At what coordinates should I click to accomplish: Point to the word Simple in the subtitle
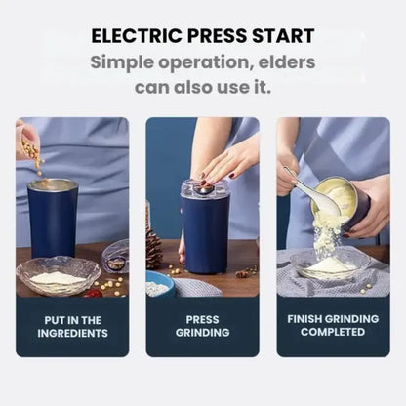128,62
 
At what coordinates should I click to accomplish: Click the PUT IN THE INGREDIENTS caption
72,326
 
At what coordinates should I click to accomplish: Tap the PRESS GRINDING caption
202,326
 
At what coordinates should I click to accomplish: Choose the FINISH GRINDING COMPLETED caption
333,326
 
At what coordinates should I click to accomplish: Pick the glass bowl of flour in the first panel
58,277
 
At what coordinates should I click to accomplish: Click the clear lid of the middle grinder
204,189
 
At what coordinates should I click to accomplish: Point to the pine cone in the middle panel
154,249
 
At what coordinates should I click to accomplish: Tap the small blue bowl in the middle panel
160,285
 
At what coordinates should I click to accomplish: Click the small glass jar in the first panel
115,258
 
